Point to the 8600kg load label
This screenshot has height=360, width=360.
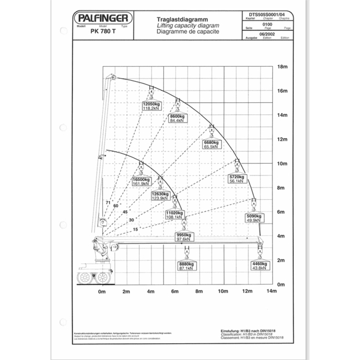(x=177, y=117)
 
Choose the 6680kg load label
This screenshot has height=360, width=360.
(x=211, y=143)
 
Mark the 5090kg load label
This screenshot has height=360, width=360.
(x=254, y=216)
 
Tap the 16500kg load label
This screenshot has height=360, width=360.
(x=141, y=180)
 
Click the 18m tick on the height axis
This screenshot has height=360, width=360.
(x=283, y=67)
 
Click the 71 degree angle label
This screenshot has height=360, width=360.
(x=108, y=202)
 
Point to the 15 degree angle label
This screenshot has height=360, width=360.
(x=136, y=230)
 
